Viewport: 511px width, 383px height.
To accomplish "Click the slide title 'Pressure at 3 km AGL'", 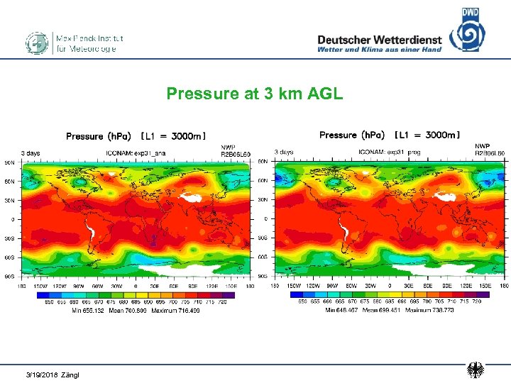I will click(x=255, y=94).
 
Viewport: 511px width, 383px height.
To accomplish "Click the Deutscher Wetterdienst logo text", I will click(x=380, y=40).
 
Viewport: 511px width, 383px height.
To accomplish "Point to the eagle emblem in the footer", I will click(x=475, y=370).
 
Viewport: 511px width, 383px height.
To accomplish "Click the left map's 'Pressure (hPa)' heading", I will click(x=94, y=136).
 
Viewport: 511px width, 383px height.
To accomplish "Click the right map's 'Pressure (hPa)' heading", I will click(x=348, y=135).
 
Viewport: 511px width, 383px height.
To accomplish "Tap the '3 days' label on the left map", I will click(x=30, y=152).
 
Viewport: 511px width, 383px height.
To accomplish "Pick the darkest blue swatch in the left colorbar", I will click(x=43, y=294).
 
